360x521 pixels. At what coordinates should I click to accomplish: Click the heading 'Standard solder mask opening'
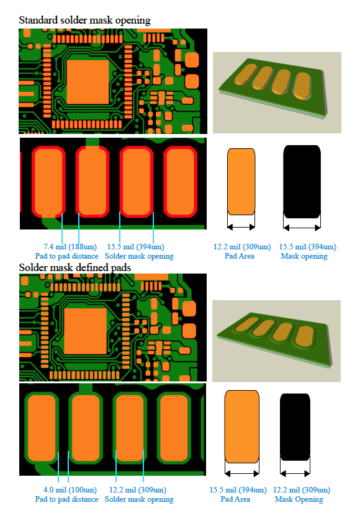[85, 20]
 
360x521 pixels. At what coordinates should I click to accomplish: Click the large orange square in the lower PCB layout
[86, 327]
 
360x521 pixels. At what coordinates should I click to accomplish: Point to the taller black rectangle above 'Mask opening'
[302, 180]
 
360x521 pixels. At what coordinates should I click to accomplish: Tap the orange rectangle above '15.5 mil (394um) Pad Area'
[242, 425]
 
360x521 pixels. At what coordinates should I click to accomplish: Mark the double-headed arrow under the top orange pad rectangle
[241, 226]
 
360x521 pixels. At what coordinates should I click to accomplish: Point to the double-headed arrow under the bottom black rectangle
[295, 473]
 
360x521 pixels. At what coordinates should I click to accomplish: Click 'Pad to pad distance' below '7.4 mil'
[66, 256]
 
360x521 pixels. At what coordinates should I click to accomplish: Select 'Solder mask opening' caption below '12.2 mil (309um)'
[139, 499]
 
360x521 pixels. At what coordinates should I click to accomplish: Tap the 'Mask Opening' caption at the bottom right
[299, 499]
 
